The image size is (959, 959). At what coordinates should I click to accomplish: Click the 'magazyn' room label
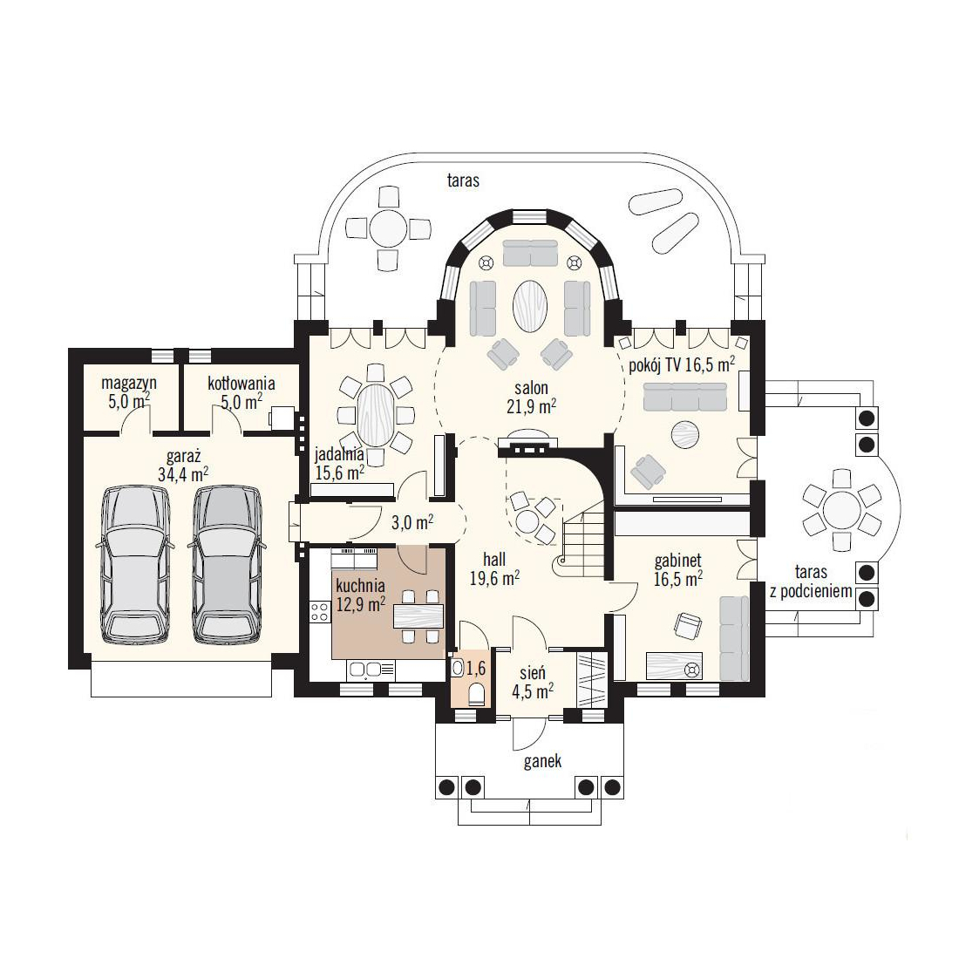pyautogui.click(x=129, y=384)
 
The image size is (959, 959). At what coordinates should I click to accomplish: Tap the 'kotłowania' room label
pyautogui.click(x=241, y=384)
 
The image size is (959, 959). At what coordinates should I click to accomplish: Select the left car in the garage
pyautogui.click(x=136, y=565)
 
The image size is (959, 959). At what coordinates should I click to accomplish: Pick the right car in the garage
pyautogui.click(x=227, y=565)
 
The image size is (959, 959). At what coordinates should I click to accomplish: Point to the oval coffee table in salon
pyautogui.click(x=530, y=306)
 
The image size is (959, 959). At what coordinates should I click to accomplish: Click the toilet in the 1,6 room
pyautogui.click(x=476, y=694)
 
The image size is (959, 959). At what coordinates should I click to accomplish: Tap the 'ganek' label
pyautogui.click(x=542, y=761)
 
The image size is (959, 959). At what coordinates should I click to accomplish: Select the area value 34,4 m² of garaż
pyautogui.click(x=183, y=474)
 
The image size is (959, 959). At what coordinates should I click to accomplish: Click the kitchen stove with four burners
pyautogui.click(x=320, y=612)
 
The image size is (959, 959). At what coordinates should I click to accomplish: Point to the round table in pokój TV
pyautogui.click(x=684, y=435)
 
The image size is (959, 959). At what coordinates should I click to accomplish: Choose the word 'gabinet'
pyautogui.click(x=677, y=561)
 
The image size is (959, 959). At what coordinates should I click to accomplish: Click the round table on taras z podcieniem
pyautogui.click(x=842, y=507)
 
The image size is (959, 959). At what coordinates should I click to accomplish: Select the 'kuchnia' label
pyautogui.click(x=360, y=585)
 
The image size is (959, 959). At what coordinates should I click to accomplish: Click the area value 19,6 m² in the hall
pyautogui.click(x=495, y=578)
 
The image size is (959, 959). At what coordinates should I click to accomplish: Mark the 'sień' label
pyautogui.click(x=533, y=673)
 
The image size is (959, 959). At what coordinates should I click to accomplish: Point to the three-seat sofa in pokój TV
pyautogui.click(x=685, y=397)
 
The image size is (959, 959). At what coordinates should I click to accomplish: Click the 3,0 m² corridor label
pyautogui.click(x=412, y=523)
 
